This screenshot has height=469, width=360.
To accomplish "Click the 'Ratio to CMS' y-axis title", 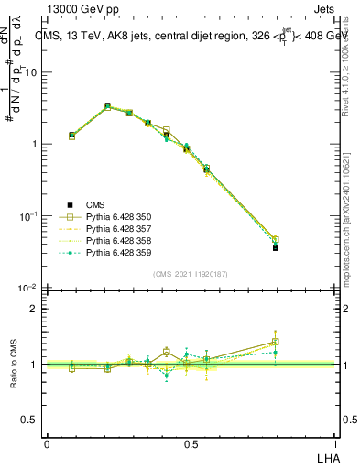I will [14, 365].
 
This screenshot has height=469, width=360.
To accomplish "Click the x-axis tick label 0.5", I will [191, 443].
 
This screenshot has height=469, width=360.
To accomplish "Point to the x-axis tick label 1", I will [335, 443].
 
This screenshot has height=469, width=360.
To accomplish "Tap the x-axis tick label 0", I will [47, 443].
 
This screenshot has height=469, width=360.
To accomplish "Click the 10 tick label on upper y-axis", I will [30, 72].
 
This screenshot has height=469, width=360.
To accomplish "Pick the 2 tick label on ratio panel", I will [34, 309].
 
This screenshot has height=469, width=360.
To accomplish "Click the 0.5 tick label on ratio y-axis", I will [29, 420].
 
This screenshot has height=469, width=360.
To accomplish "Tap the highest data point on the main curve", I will [107, 106].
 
